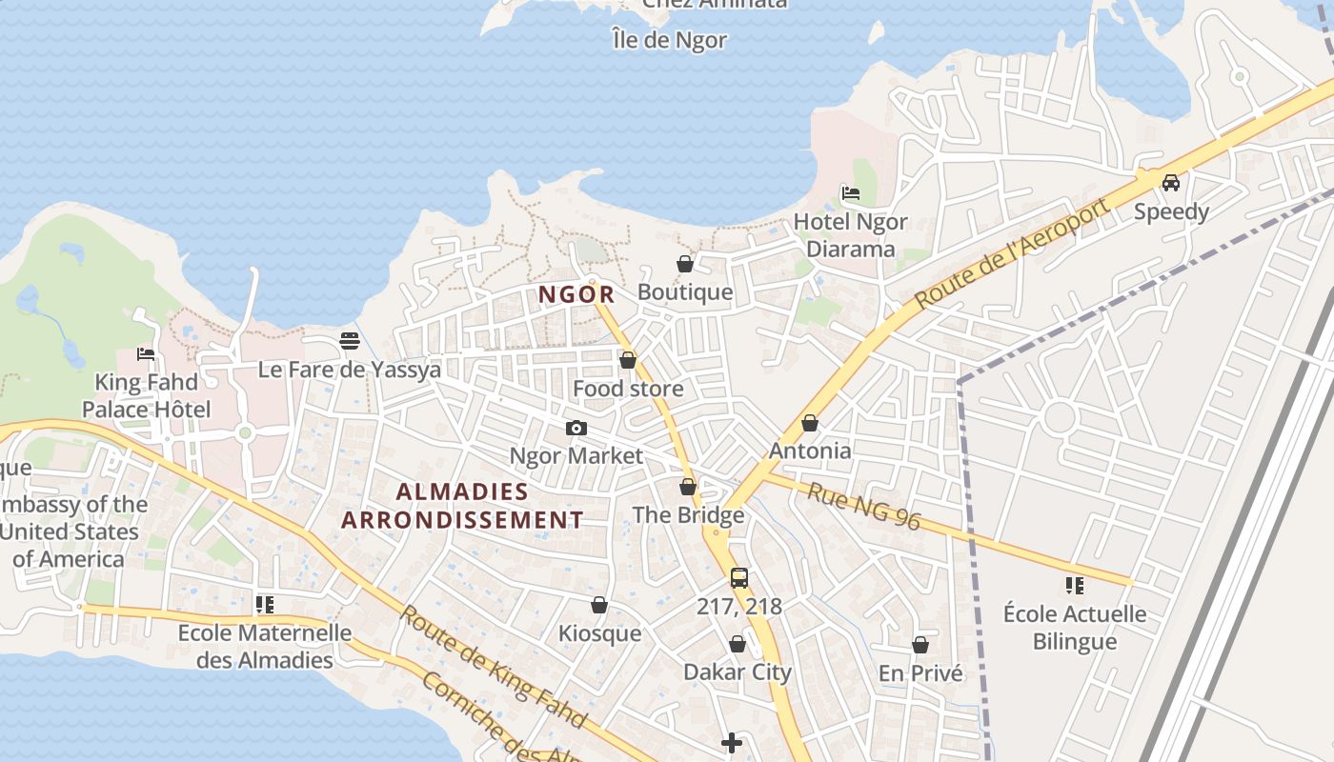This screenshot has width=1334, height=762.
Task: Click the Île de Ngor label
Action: coord(670,40)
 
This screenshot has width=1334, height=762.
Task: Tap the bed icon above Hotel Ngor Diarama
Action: coord(851,193)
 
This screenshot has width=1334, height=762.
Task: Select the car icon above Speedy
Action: coord(1171,183)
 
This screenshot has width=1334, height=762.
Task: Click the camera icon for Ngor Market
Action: coord(576,429)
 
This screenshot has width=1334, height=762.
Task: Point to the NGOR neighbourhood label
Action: coord(576,295)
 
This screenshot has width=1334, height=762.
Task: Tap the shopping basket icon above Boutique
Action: coord(685,264)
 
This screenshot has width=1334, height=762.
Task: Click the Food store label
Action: coord(628,389)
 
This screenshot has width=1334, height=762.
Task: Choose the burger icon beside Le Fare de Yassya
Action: coord(350,341)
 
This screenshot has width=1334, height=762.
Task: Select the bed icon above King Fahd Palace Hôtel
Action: coord(146,354)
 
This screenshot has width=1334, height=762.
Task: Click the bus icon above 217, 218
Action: coord(738,577)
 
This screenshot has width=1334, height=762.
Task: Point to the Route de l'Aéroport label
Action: coord(1012,253)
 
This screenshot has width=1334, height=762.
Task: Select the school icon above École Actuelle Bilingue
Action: coord(1075,585)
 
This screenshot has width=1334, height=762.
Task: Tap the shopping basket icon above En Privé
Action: coord(920,645)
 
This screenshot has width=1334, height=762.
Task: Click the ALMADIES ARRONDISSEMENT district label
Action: coord(462,506)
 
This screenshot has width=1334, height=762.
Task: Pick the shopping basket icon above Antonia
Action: coord(810,423)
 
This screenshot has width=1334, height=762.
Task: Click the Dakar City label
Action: coord(738,672)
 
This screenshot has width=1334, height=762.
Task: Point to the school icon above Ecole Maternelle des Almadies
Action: coord(265,604)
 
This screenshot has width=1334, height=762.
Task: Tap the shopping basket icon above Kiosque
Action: coord(599,605)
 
